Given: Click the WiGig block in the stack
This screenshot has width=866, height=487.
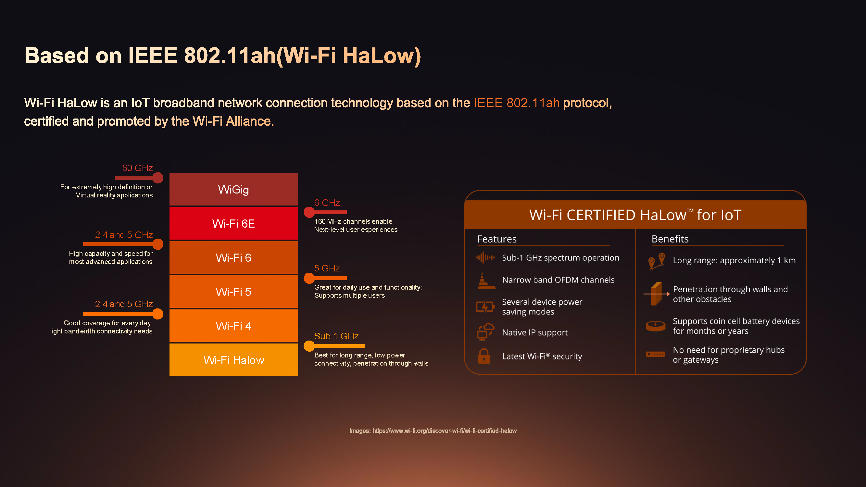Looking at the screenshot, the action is click(234, 189).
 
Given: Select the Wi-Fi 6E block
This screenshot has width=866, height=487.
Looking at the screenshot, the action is click(234, 223).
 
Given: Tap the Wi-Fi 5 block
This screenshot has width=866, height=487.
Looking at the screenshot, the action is click(234, 292).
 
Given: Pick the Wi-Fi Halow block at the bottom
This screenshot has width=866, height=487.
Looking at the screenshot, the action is click(234, 360).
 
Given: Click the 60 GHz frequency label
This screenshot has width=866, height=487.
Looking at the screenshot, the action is click(137, 168).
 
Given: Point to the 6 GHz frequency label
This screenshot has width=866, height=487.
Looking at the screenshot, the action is click(327, 203).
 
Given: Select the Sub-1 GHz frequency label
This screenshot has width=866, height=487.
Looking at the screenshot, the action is click(336, 336).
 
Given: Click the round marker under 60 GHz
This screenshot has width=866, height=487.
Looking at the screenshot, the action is click(158, 178).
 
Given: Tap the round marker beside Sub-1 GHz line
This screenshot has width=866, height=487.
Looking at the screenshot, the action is click(309, 346).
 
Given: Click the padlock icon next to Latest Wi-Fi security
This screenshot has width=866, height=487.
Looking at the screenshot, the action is click(484, 356).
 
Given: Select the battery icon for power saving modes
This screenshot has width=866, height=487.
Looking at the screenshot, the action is click(485, 306).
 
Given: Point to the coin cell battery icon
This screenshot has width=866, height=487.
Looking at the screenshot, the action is click(656, 326).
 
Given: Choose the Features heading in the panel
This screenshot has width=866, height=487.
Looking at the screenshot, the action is click(497, 239).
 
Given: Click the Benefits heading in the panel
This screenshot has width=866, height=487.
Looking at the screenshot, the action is click(670, 239).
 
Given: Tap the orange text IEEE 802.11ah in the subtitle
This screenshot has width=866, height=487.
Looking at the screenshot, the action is click(517, 103).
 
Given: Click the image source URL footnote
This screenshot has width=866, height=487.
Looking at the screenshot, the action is click(433, 431).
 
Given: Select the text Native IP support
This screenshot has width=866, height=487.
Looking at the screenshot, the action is click(535, 332).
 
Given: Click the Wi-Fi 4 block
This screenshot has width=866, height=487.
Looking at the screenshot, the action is click(234, 326).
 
